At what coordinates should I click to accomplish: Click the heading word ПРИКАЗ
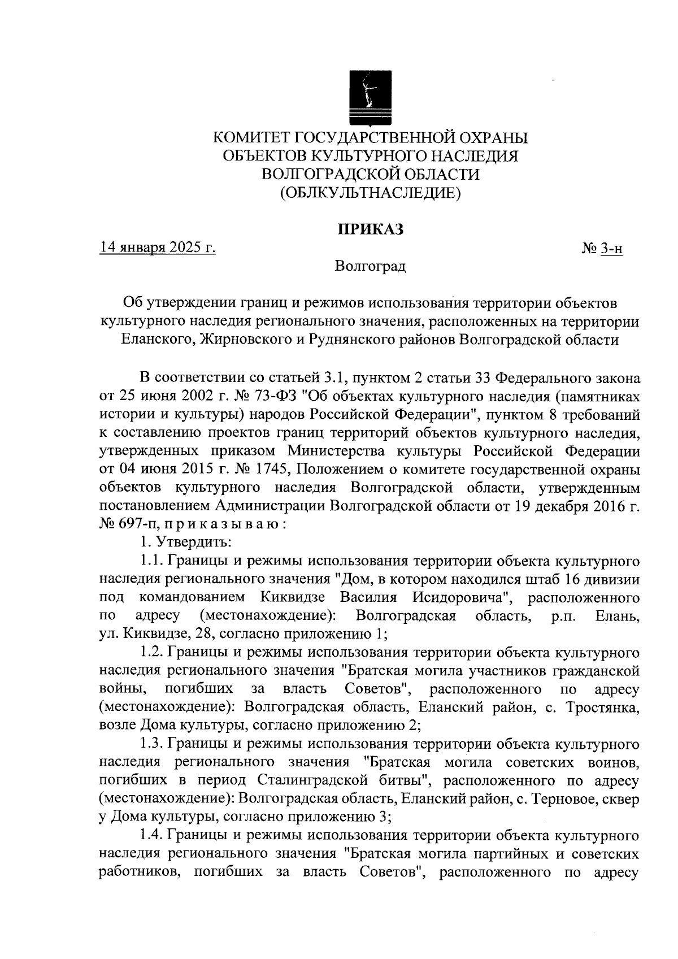[x=370, y=229]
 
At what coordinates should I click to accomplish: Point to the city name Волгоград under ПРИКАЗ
[x=370, y=266]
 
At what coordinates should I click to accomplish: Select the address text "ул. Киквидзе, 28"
[x=164, y=633]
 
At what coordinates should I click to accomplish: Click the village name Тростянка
[x=603, y=707]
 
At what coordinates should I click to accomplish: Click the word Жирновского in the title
[x=244, y=340]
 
